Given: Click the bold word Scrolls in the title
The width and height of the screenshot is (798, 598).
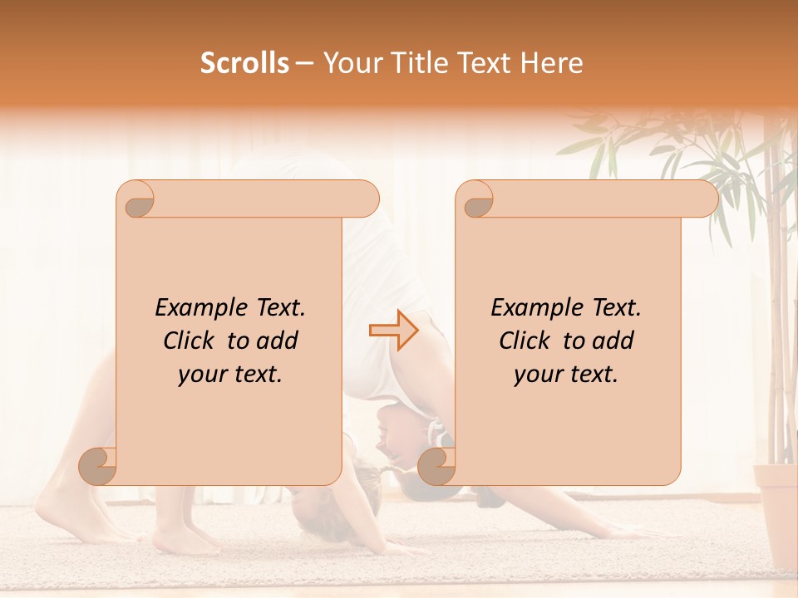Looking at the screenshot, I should pos(245,63).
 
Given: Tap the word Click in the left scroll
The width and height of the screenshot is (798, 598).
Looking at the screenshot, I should pos(191,341).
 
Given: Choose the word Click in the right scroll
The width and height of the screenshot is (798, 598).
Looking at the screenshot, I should pos(527,341).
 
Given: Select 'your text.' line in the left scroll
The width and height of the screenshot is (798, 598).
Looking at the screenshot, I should pos(230,374).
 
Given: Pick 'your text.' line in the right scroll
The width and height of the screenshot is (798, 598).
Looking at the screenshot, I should pos(566,374).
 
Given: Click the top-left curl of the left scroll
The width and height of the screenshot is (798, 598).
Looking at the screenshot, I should pos(136,199).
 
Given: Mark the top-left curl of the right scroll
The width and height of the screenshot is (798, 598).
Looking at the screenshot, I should pos(475,199).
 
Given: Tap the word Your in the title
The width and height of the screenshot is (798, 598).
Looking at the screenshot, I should pos(349,63).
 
